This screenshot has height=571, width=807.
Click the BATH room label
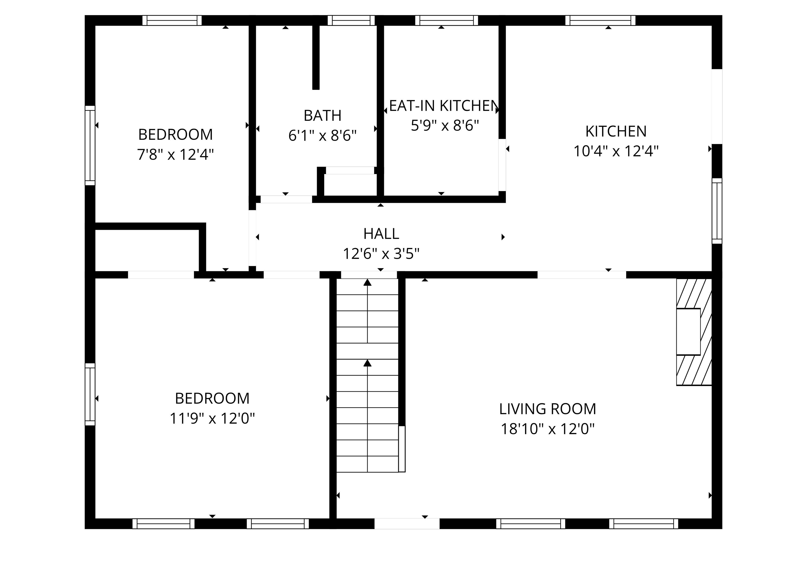point(322,115)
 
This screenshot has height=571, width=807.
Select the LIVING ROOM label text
point(548,409)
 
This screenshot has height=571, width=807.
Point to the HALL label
point(381,234)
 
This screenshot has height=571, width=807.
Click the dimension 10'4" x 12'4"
point(616,151)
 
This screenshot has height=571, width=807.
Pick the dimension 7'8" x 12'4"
point(175,154)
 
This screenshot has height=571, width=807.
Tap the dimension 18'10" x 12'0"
point(548,429)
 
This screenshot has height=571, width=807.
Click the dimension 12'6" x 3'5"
point(381,254)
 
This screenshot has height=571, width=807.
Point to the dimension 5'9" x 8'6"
point(445,125)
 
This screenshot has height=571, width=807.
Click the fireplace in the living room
point(694,332)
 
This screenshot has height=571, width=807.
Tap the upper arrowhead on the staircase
point(367,282)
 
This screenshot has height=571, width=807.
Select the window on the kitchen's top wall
point(600,21)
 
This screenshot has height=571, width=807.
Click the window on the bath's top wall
point(351,21)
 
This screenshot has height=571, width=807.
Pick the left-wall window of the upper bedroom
point(90,145)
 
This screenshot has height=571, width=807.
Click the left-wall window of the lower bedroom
point(90,394)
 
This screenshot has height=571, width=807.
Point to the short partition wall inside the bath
point(316,57)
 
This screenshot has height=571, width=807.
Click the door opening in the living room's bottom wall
point(407,523)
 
